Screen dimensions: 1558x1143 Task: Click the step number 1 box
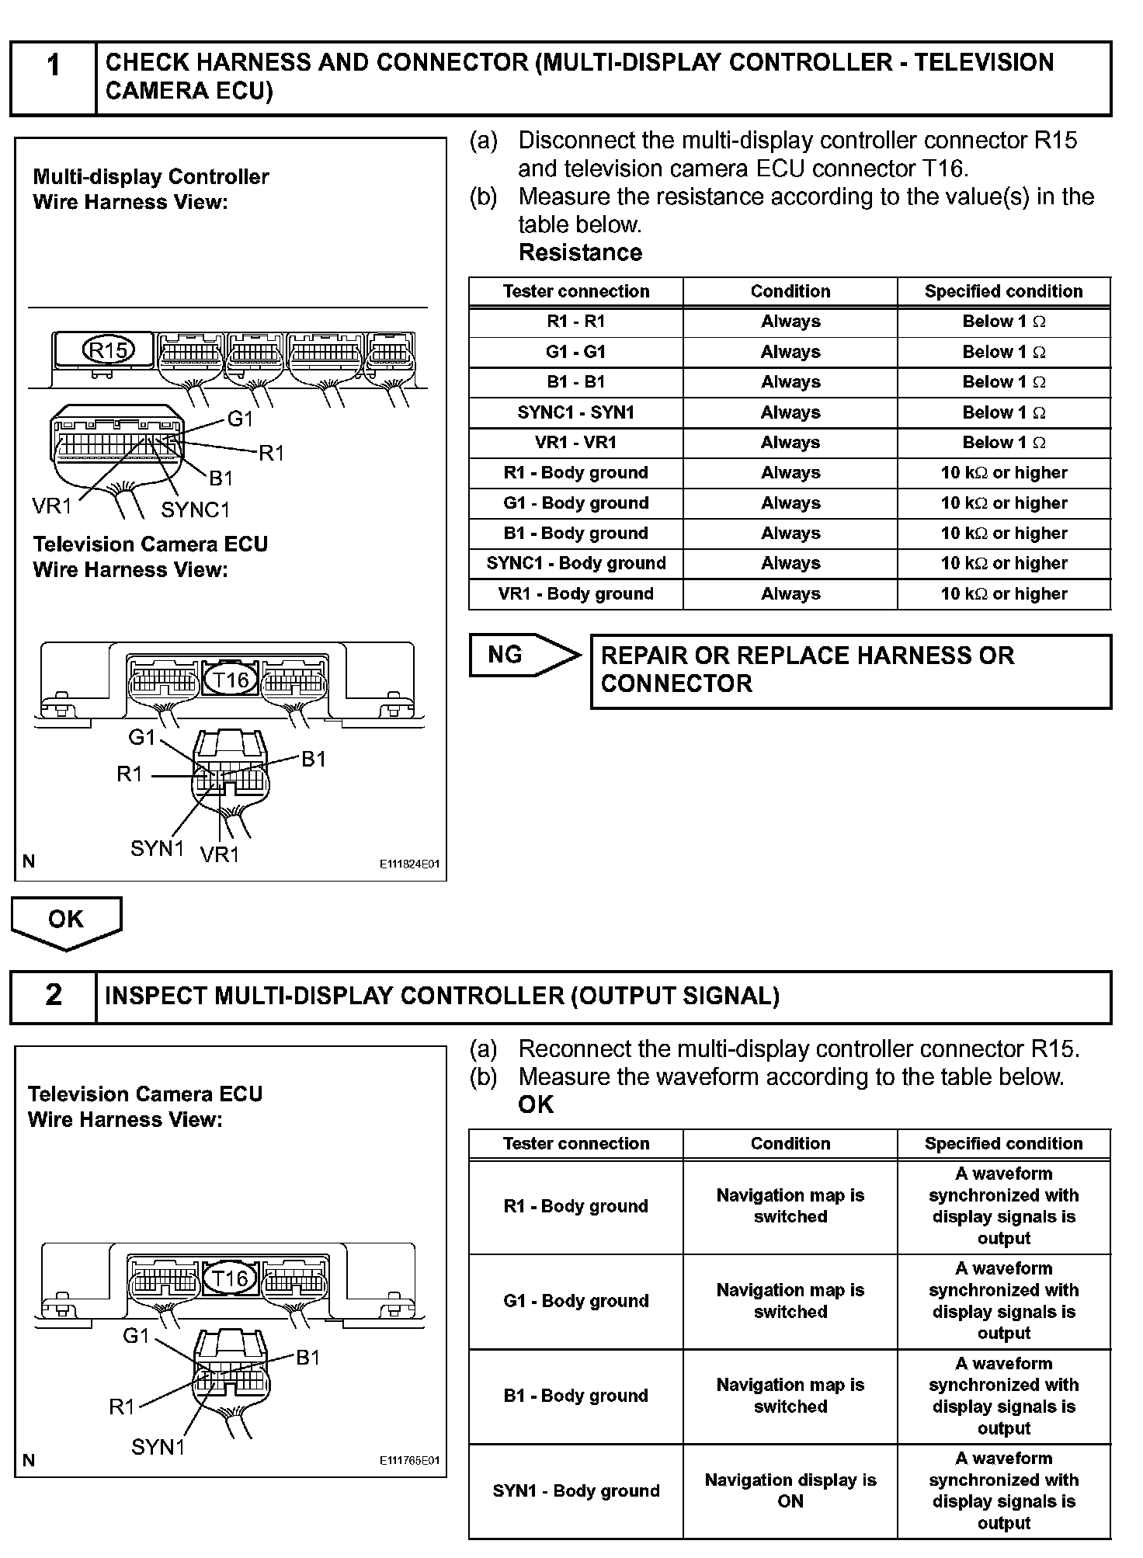[53, 78]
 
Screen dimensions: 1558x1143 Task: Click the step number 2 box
[53, 996]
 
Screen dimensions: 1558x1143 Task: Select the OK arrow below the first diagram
[66, 920]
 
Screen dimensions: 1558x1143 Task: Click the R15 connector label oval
[108, 351]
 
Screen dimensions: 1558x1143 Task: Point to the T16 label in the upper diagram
[231, 680]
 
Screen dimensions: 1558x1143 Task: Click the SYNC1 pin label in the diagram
[196, 510]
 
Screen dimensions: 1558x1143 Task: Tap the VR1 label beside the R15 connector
[51, 506]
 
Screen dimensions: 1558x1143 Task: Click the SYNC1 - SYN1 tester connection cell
[575, 412]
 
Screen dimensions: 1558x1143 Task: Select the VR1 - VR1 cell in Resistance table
[575, 443]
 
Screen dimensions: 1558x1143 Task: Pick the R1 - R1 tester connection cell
[575, 322]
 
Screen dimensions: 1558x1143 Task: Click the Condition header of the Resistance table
[790, 291]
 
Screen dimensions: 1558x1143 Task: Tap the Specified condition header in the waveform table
[1003, 1143]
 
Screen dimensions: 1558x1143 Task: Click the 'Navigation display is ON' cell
[790, 1490]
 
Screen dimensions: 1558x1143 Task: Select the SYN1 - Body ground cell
[575, 1490]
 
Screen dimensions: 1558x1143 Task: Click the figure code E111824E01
[409, 864]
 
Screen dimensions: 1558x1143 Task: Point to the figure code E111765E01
[409, 1460]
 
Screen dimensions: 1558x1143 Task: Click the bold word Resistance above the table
[580, 252]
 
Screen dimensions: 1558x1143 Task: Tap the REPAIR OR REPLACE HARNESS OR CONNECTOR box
[850, 670]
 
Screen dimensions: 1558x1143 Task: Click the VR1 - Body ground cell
[575, 594]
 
